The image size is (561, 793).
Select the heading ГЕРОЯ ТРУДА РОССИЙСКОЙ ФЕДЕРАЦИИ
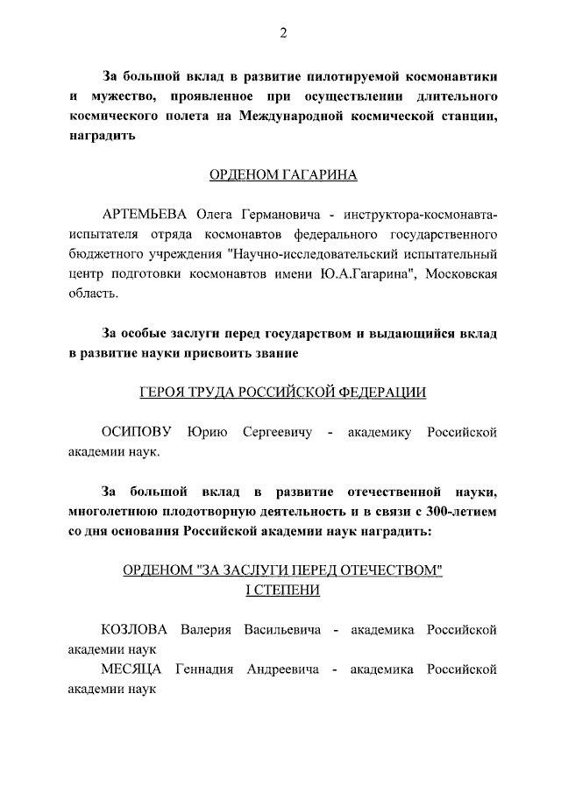[x=283, y=393]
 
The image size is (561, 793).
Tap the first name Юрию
[x=206, y=432]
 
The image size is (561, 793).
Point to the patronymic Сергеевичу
[x=274, y=432]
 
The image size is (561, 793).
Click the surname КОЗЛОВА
[x=137, y=630]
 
